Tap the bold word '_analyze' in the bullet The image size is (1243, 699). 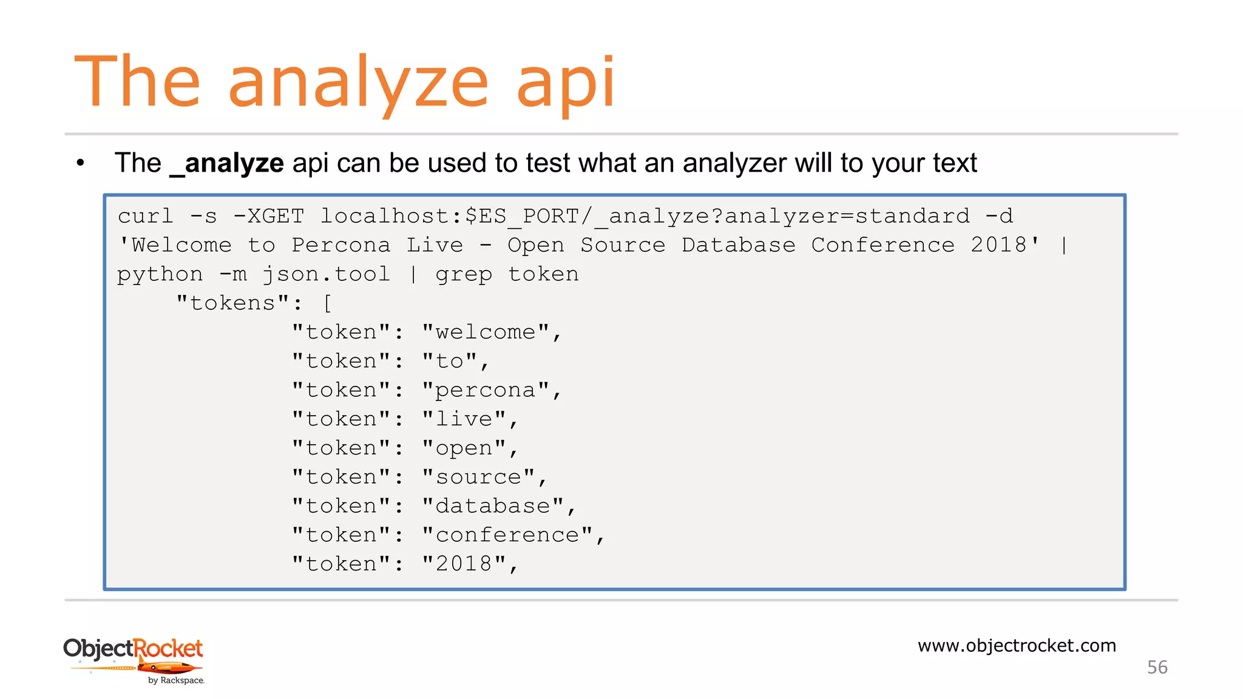pyautogui.click(x=227, y=163)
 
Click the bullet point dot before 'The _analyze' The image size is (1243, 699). pyautogui.click(x=80, y=163)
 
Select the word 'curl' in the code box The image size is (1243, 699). pyautogui.click(x=145, y=216)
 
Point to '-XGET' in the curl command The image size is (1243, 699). pyautogui.click(x=269, y=216)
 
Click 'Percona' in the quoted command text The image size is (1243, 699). pyautogui.click(x=340, y=245)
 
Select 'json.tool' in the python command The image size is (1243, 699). pyautogui.click(x=327, y=274)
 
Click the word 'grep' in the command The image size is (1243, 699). pyautogui.click(x=464, y=274)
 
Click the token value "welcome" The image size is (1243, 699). pyautogui.click(x=486, y=332)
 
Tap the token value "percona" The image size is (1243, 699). pyautogui.click(x=486, y=390)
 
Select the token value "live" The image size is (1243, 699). pyautogui.click(x=464, y=419)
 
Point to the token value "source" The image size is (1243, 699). pyautogui.click(x=478, y=477)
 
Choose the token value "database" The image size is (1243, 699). pyautogui.click(x=493, y=506)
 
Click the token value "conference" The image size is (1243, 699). pyautogui.click(x=507, y=535)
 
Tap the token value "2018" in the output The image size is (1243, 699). pyautogui.click(x=464, y=564)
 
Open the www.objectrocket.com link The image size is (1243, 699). pyautogui.click(x=1017, y=646)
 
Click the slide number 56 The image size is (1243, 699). pyautogui.click(x=1157, y=667)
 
